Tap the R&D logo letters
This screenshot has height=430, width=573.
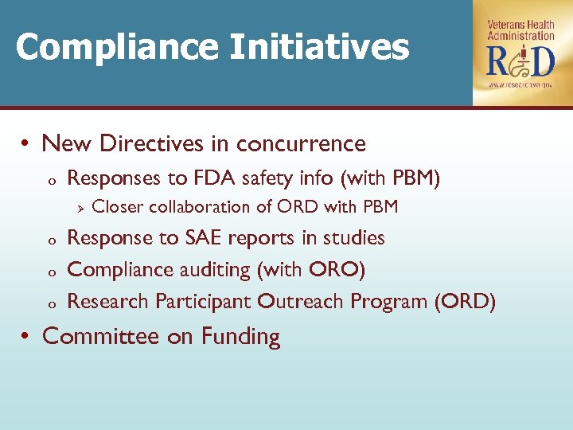coord(521,61)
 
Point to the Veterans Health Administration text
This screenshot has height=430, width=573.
coord(521,30)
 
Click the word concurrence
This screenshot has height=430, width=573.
coord(301,144)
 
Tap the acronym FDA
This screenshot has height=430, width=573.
coord(213,178)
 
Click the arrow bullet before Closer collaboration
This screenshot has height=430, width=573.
coord(78,208)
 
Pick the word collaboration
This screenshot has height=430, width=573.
coord(201,207)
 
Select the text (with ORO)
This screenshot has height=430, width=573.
coord(311,270)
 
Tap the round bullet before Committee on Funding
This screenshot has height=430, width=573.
coord(26,337)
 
